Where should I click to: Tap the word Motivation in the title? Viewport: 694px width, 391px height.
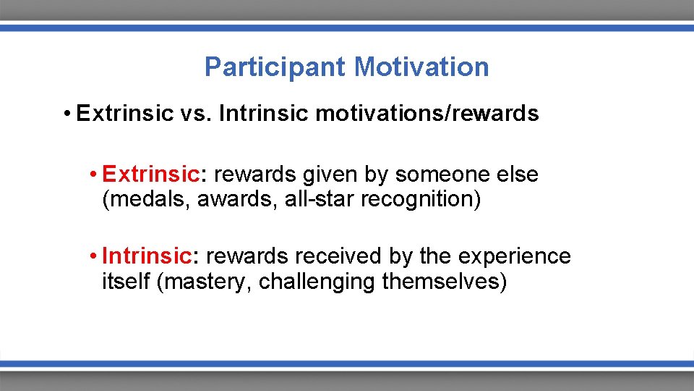[x=421, y=67]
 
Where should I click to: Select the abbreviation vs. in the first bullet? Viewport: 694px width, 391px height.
[x=195, y=114]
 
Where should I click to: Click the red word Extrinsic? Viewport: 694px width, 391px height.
[x=150, y=175]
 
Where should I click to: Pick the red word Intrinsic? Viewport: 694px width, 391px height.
[x=147, y=256]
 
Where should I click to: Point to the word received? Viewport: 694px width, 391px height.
[x=343, y=256]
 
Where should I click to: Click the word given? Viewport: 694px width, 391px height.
[x=328, y=175]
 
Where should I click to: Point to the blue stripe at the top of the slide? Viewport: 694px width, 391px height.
[x=347, y=28]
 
